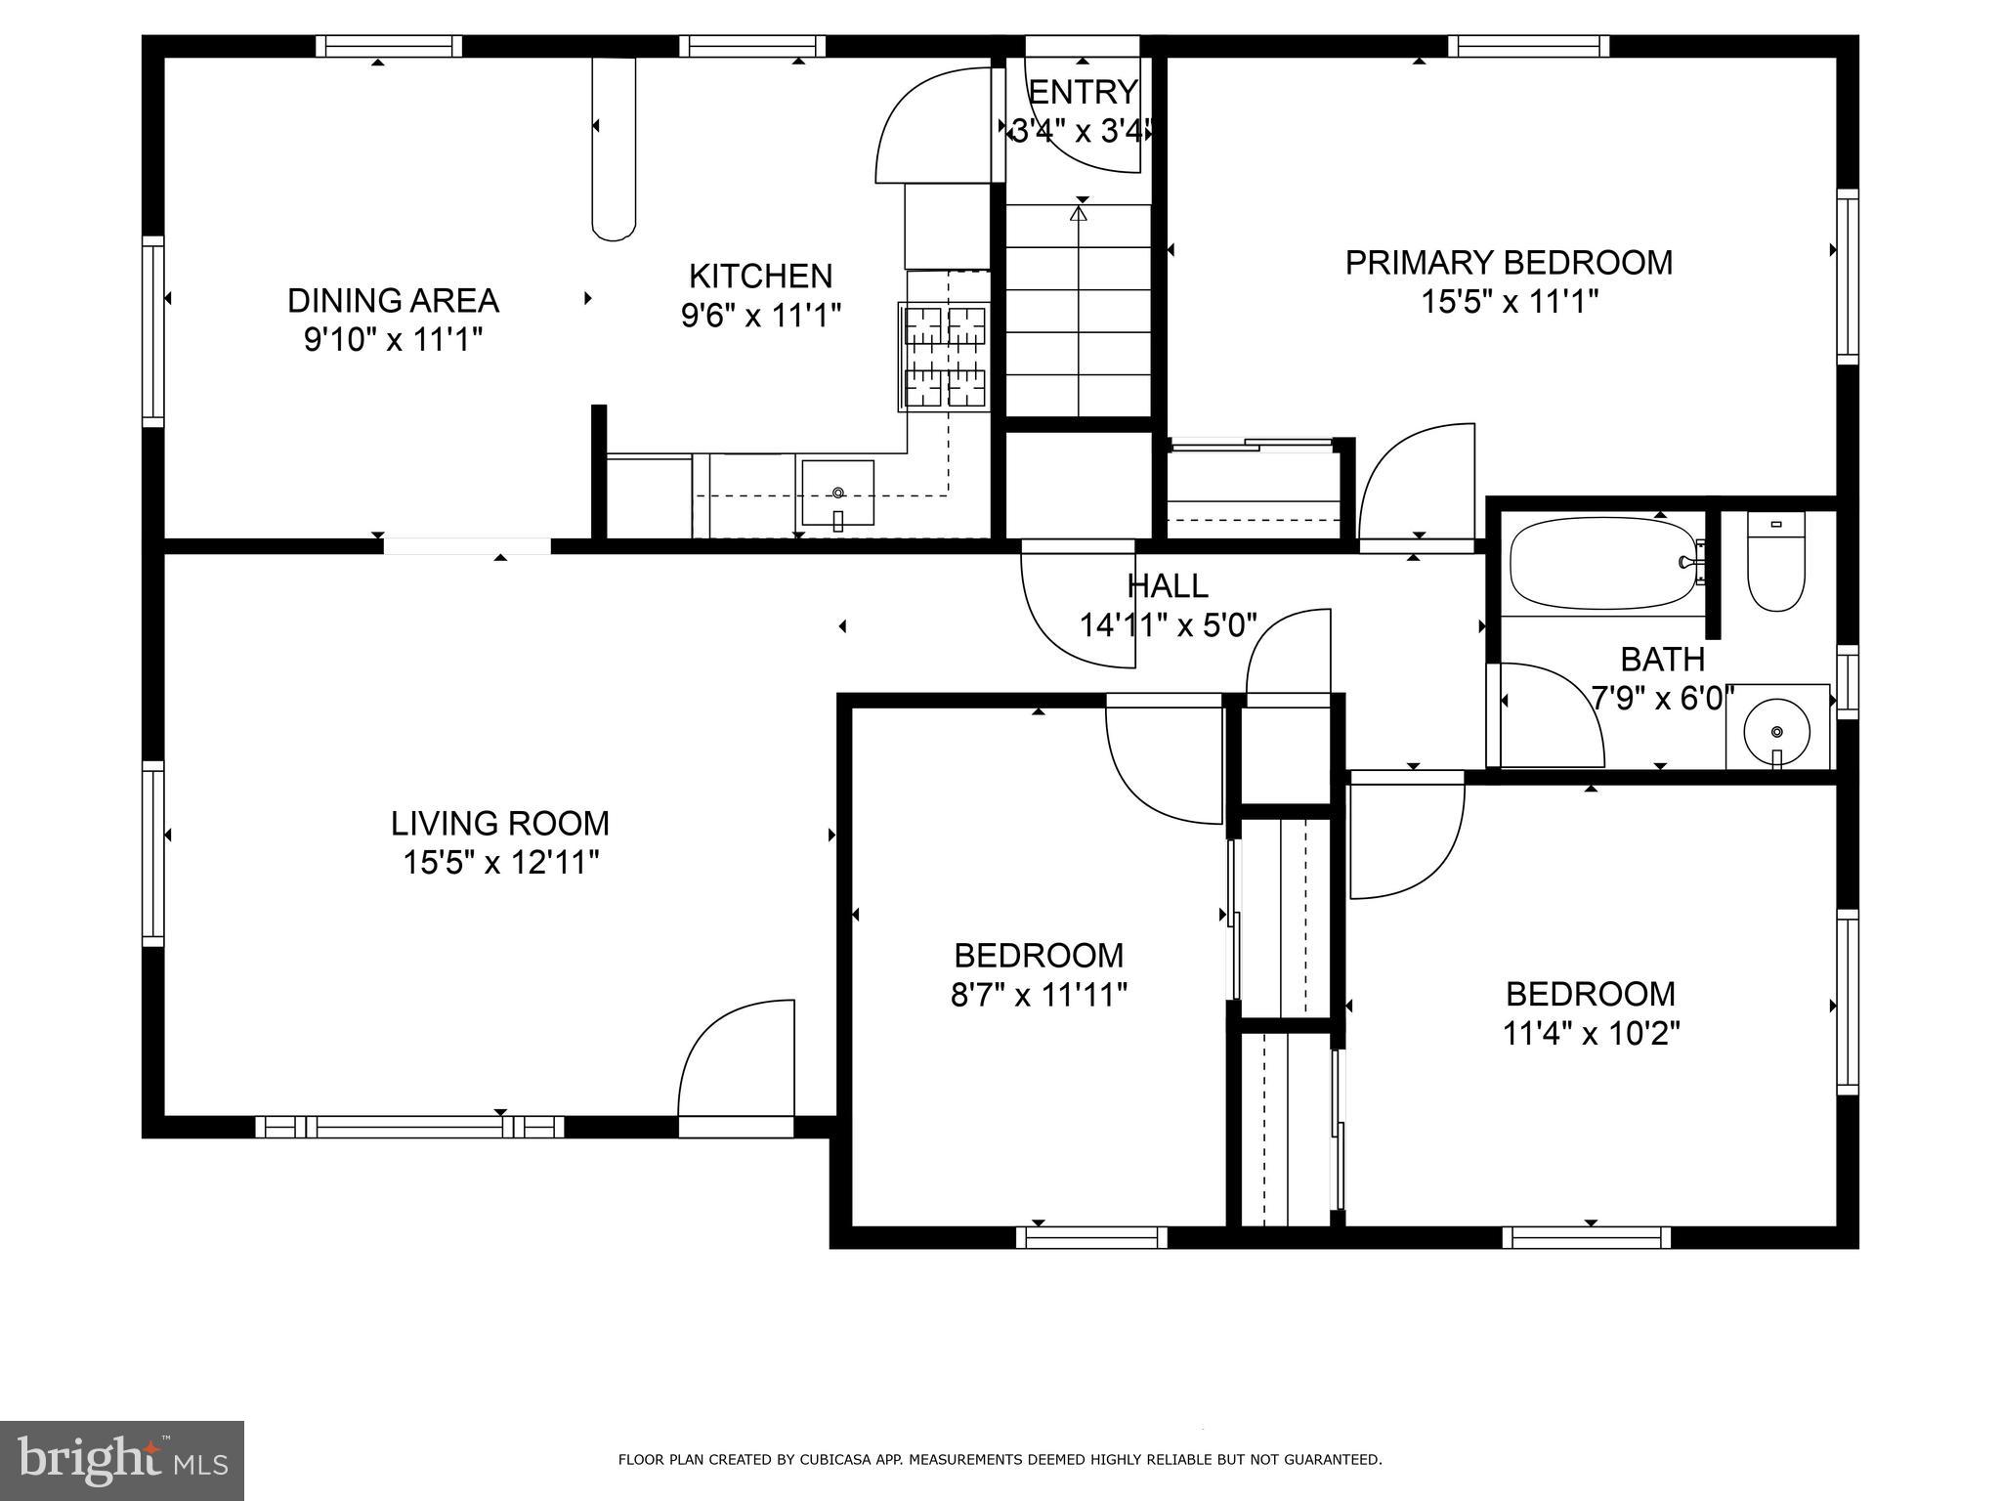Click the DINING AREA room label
[393, 300]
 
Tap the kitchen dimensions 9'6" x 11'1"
[760, 316]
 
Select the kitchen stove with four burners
[944, 356]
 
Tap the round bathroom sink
[1777, 729]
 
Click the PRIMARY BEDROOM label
[1509, 263]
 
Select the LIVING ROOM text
[499, 824]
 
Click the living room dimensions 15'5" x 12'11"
[500, 863]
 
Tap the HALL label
[1168, 586]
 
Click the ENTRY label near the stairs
[1083, 92]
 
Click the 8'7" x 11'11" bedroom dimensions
[1039, 995]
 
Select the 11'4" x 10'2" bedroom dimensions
[1591, 1034]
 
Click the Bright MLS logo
[121, 1461]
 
